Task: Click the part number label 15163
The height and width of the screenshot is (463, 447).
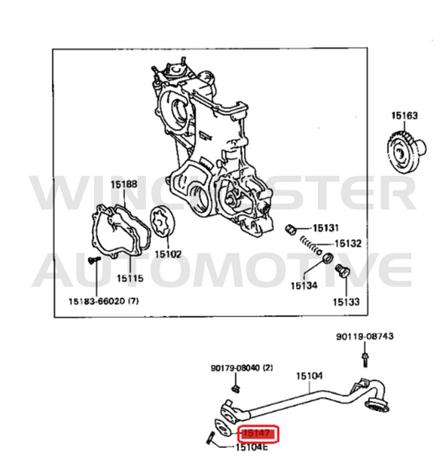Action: click(404, 116)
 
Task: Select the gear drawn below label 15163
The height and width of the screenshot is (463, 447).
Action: click(406, 152)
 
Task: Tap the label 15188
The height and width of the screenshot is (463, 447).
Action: click(124, 185)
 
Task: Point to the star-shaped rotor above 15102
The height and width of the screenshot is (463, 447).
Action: click(163, 222)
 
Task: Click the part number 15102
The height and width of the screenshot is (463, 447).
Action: click(168, 254)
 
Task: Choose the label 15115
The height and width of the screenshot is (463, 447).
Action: click(130, 278)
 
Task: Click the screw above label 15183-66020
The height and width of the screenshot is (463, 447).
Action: click(94, 260)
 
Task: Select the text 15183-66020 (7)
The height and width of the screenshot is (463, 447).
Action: click(104, 301)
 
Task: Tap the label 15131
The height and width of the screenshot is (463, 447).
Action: click(325, 228)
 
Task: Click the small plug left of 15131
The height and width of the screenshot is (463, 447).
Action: click(291, 229)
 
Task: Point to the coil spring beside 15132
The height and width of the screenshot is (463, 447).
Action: click(311, 246)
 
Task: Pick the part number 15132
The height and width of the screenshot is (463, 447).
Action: click(348, 243)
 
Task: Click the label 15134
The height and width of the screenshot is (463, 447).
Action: click(304, 286)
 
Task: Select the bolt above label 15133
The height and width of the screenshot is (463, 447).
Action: click(342, 270)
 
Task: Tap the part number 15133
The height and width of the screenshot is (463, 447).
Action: click(346, 302)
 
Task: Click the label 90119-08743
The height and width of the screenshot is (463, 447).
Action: click(365, 336)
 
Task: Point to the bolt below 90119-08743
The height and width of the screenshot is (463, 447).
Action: click(366, 359)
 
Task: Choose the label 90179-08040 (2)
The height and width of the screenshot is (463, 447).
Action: click(242, 368)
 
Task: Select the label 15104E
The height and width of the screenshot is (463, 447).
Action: click(252, 447)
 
